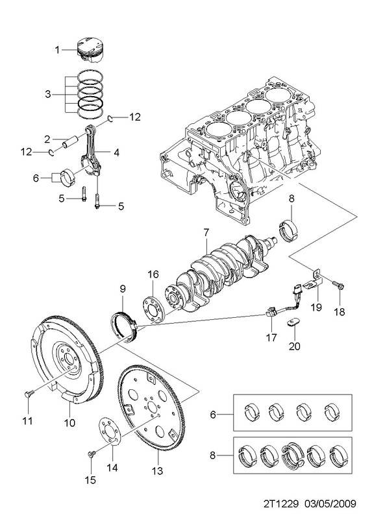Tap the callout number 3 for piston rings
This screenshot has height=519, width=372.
pos(48,94)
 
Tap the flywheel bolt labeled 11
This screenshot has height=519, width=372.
pos(29,394)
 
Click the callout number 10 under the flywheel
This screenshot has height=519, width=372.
pos(69,422)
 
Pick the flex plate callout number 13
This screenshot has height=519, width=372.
pos(158,470)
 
